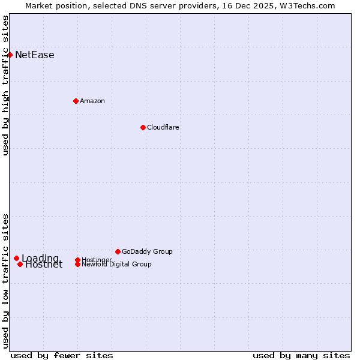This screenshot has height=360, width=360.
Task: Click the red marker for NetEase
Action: click(x=10, y=55)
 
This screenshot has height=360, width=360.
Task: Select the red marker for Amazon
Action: click(x=76, y=101)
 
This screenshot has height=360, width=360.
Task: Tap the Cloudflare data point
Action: click(x=143, y=127)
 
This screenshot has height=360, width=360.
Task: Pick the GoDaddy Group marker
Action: click(x=118, y=251)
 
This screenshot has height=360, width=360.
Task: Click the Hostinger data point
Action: click(x=77, y=260)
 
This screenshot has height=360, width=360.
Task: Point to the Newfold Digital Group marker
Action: click(x=77, y=264)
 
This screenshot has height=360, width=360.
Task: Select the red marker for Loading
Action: click(x=16, y=258)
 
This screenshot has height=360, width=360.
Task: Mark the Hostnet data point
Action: click(x=20, y=264)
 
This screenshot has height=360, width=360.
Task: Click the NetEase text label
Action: click(x=34, y=55)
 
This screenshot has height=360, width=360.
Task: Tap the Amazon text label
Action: click(x=92, y=101)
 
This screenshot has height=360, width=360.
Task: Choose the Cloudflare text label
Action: click(x=163, y=127)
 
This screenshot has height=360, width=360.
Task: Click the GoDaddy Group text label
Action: click(x=147, y=251)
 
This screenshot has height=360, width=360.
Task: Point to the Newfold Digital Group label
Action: click(x=116, y=264)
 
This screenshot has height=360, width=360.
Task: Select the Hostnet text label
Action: click(x=44, y=265)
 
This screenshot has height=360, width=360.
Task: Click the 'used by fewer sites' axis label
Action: click(x=62, y=355)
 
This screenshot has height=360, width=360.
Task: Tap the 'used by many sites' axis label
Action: click(x=301, y=355)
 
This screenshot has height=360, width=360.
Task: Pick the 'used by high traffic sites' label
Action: click(x=6, y=85)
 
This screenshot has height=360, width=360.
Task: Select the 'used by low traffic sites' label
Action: click(x=6, y=280)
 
